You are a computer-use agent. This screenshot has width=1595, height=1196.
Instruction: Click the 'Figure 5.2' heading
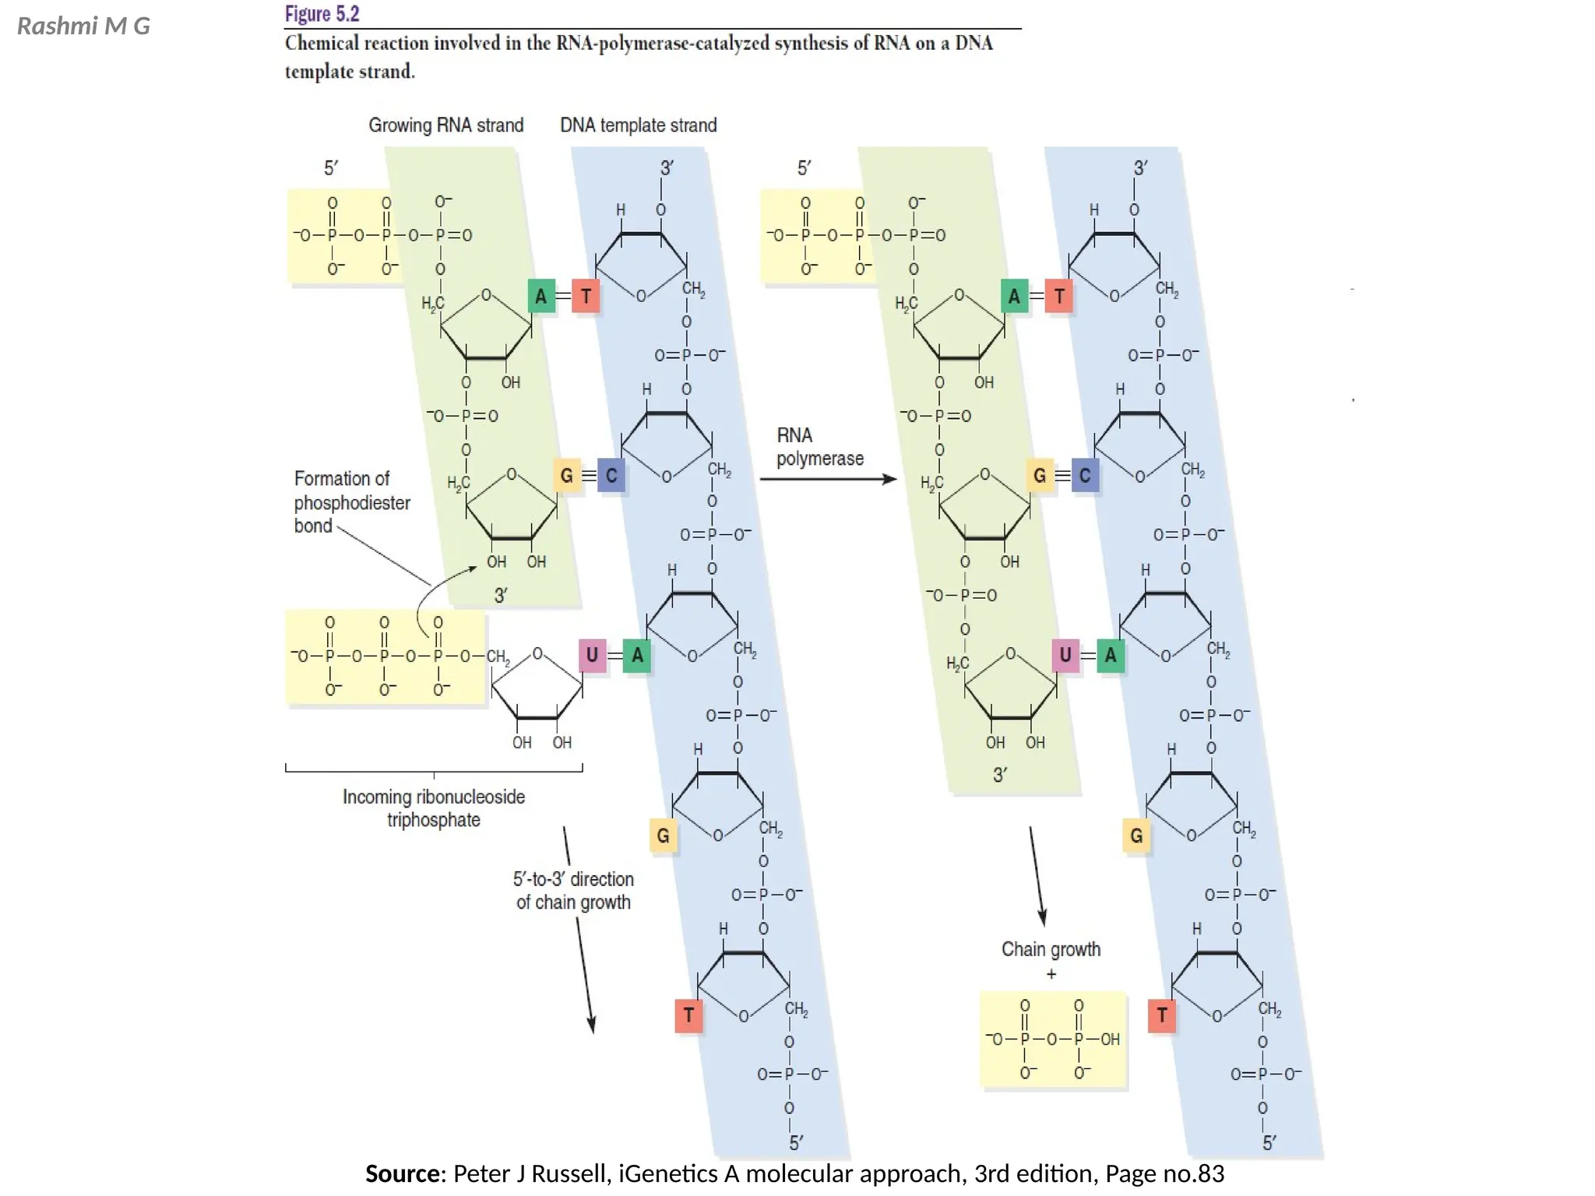click(x=322, y=14)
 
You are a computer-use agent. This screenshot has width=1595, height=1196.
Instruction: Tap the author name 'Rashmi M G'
click(x=83, y=26)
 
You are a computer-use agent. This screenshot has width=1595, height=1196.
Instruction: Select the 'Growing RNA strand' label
click(x=445, y=125)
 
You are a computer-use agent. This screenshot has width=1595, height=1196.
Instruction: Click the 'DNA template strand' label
click(x=638, y=125)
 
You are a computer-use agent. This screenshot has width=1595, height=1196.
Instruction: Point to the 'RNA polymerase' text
click(x=819, y=447)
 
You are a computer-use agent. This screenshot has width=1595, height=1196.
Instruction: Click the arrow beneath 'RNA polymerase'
click(x=828, y=480)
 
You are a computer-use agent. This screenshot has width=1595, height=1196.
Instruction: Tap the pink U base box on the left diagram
click(x=592, y=656)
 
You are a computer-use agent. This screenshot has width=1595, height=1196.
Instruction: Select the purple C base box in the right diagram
click(x=1085, y=476)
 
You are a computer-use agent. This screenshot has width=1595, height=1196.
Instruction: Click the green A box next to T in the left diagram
click(x=540, y=297)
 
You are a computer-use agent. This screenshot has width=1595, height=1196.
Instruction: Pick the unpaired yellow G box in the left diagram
click(x=663, y=836)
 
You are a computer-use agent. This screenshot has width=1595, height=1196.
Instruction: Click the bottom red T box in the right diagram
click(x=1161, y=1015)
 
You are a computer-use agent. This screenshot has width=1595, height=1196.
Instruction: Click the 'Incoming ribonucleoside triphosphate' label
click(x=434, y=808)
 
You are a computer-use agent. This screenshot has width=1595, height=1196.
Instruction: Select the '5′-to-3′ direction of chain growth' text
click(x=573, y=891)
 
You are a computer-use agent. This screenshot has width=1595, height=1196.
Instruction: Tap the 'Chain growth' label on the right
click(x=1051, y=949)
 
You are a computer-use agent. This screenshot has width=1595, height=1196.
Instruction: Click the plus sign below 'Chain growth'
click(x=1051, y=974)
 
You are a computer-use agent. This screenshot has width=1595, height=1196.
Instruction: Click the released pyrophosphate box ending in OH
click(x=1052, y=1039)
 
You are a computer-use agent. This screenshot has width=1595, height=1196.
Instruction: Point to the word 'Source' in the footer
click(x=403, y=1173)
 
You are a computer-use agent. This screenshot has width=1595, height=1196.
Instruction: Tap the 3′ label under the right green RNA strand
click(x=1000, y=776)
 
